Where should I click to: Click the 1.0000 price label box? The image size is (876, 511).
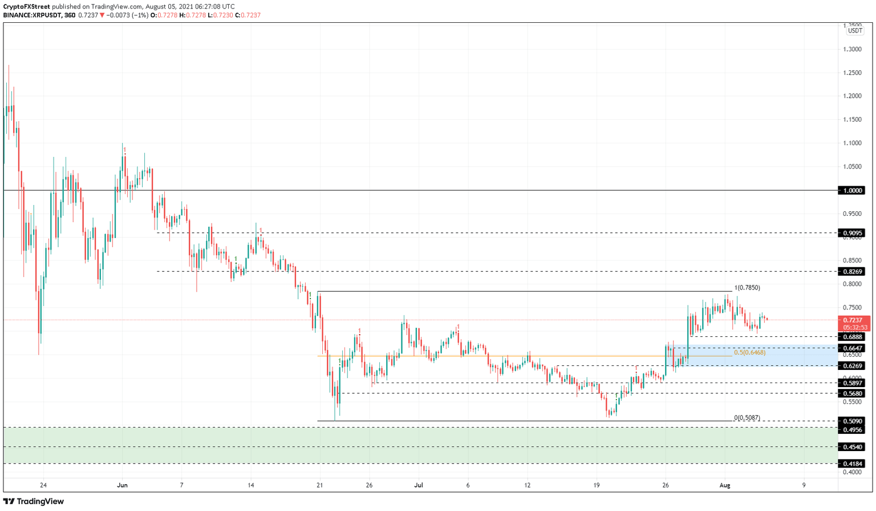point(853,190)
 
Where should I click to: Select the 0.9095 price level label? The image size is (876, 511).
point(853,233)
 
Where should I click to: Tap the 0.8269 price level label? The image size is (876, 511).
point(853,272)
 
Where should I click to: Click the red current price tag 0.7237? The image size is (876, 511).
point(853,320)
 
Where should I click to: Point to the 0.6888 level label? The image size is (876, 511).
point(853,337)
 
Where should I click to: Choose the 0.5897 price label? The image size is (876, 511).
point(853,383)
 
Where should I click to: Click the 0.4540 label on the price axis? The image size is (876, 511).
point(853,447)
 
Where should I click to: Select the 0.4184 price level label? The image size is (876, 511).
point(853,464)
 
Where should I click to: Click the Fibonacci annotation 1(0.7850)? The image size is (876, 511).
point(747,288)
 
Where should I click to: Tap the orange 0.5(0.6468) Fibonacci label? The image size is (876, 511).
point(749,353)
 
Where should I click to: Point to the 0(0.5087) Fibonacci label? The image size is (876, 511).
point(747,417)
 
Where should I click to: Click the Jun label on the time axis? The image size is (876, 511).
point(122,485)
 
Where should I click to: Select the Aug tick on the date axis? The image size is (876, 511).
point(725,485)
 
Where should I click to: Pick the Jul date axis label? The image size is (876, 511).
point(419,485)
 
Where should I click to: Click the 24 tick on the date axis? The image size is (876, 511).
point(43,485)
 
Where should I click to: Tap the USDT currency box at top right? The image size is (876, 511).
point(855,31)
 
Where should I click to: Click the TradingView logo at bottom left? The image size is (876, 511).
point(34,501)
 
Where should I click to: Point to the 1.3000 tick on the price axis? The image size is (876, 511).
point(853,49)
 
